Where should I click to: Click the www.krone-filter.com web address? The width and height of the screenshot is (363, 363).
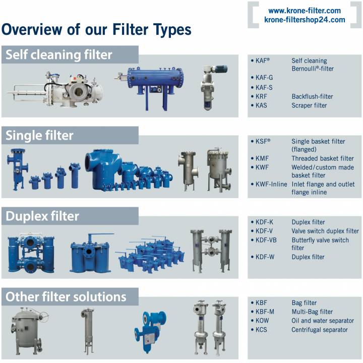point(304,11)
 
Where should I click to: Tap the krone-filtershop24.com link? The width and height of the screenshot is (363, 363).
point(305,20)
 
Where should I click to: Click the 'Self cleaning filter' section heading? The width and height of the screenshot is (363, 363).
point(59,54)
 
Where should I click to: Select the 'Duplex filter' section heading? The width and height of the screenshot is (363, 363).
point(42,216)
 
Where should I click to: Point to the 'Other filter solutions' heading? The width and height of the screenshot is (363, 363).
point(66,296)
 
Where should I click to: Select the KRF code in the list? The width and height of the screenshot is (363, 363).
point(261,96)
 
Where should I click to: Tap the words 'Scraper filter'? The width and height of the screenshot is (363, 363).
point(309,105)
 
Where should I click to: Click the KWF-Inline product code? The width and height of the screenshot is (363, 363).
point(271,184)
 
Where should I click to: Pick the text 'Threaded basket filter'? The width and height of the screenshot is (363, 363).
point(323,158)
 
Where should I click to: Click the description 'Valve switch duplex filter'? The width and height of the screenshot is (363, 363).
point(325,231)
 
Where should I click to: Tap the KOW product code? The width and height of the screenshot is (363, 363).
point(262,321)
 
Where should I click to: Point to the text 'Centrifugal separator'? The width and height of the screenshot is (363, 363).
point(320,330)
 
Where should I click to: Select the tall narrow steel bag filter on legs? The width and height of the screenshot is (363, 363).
point(88,328)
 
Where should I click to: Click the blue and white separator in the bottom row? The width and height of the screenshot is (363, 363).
point(150,328)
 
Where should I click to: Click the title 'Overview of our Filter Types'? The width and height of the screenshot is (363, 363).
point(96,30)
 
